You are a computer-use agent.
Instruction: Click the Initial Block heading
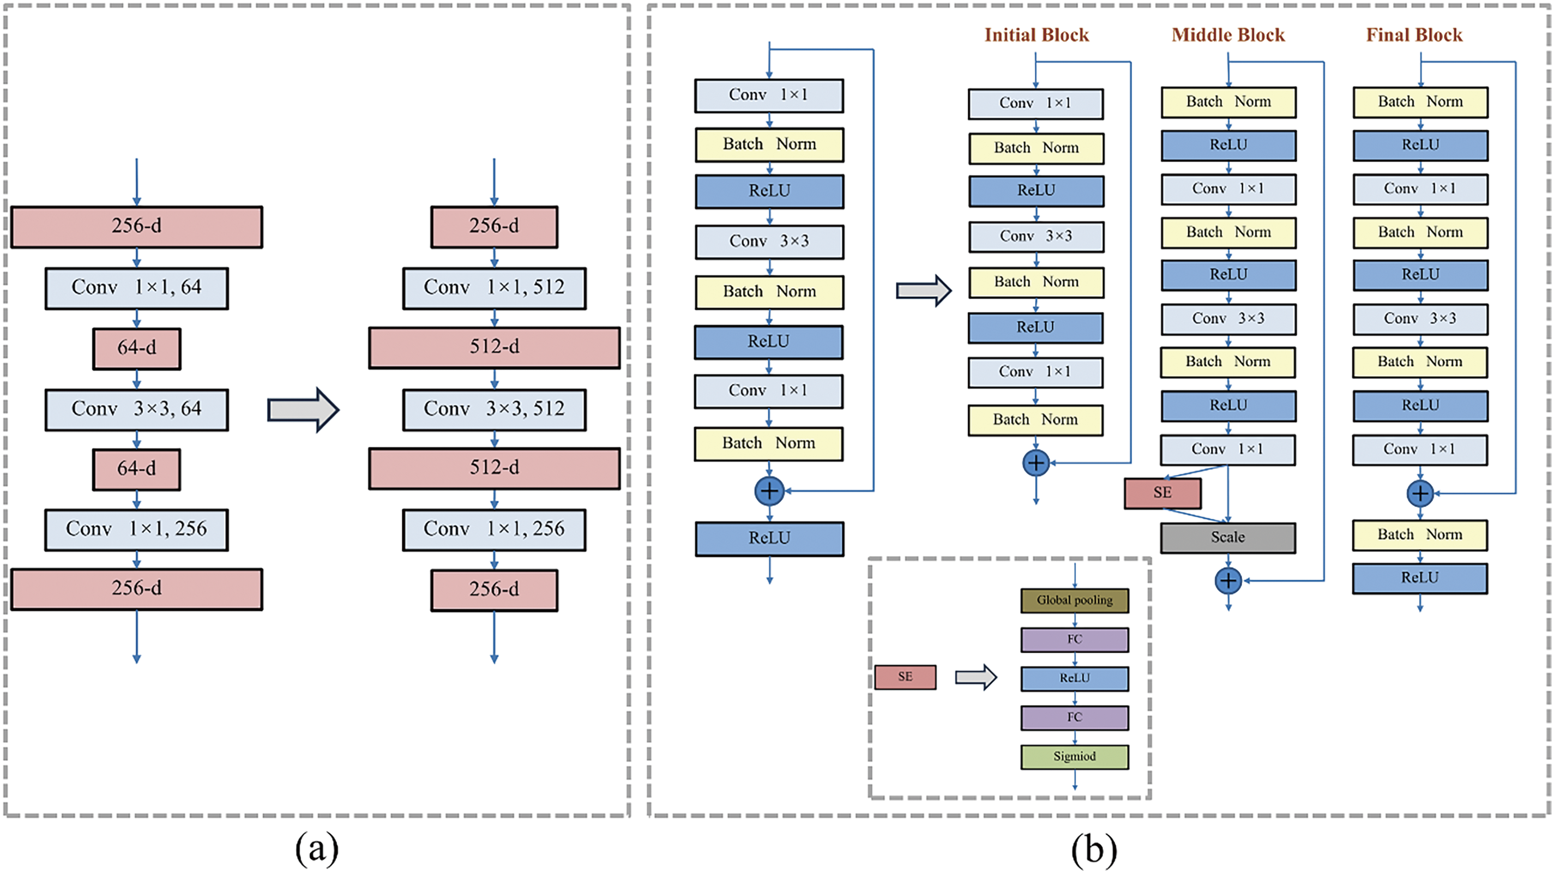1037,35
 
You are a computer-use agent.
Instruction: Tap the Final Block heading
1414,35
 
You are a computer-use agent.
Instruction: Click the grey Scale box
1227,538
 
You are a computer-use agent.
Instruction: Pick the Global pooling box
1074,600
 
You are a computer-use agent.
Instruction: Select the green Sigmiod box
1074,756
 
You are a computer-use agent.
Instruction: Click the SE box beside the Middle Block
1163,493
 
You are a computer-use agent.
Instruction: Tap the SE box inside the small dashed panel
905,677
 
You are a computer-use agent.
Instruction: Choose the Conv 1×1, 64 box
136,288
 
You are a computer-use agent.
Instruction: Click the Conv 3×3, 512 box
494,410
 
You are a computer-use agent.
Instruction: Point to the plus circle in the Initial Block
1036,463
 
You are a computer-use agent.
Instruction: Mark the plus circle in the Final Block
1420,493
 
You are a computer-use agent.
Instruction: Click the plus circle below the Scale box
1228,581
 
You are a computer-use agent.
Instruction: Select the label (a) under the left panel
317,850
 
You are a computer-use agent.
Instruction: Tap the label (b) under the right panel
1094,850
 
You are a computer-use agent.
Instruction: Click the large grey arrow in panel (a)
303,410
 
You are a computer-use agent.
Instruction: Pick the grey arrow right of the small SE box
975,677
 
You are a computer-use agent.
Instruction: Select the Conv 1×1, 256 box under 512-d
494,529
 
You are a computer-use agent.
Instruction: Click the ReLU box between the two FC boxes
1074,679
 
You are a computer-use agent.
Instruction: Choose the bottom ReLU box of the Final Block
1419,579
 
